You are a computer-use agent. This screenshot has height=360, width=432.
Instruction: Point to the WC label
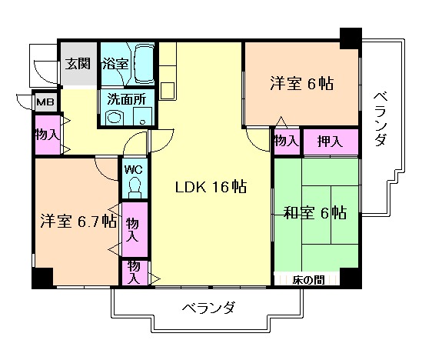click(x=132, y=168)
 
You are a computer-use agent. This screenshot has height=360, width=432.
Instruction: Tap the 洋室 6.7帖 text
click(x=78, y=222)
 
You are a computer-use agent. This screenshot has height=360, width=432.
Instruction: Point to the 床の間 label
click(x=307, y=280)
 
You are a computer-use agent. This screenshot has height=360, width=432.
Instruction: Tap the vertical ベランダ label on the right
click(x=380, y=119)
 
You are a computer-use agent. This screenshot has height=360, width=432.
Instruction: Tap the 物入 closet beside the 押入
click(x=286, y=141)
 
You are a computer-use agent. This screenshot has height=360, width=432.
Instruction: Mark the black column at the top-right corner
click(x=351, y=38)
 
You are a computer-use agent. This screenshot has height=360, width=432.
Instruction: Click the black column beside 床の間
click(x=350, y=278)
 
